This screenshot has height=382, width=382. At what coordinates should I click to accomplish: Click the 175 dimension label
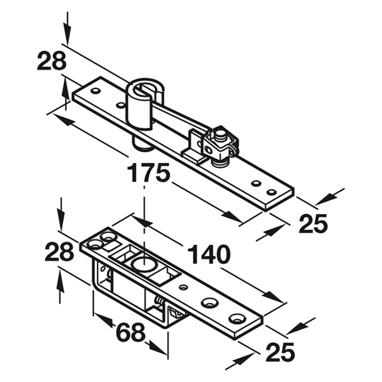(x=148, y=172)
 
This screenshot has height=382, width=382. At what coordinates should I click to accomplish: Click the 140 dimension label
(x=209, y=254)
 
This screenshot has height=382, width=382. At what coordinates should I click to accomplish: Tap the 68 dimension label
(x=130, y=332)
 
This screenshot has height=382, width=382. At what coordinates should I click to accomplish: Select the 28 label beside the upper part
(x=52, y=61)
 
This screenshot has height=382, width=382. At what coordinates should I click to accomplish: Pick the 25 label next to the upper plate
(x=314, y=223)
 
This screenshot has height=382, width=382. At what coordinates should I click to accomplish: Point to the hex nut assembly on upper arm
(x=219, y=146)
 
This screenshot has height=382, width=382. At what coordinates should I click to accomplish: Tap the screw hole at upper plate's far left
(x=95, y=91)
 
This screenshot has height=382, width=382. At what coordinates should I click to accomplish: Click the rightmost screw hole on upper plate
(x=272, y=192)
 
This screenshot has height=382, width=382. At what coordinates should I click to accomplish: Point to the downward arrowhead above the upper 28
(x=67, y=39)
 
